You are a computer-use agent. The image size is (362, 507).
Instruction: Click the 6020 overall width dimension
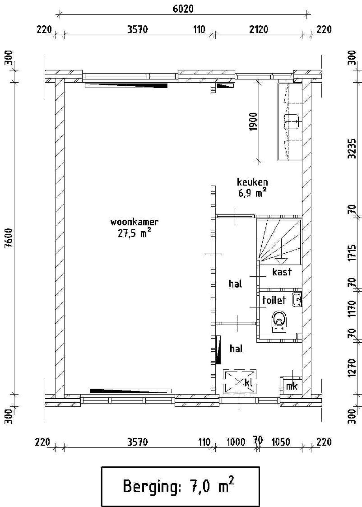(x=183, y=9)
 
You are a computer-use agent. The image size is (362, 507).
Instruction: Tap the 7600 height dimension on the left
(x=9, y=238)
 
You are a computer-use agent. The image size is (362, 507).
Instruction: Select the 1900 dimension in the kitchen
(x=254, y=122)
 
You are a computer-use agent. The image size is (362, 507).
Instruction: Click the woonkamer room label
(x=134, y=222)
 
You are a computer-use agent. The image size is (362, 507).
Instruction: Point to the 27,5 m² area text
(x=134, y=233)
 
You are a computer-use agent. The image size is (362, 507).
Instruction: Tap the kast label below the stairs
(x=282, y=272)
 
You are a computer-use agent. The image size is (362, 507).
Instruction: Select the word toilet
(x=274, y=300)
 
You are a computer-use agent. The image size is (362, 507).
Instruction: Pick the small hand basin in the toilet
(x=297, y=300)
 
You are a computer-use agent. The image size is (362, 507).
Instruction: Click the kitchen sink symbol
(x=292, y=122)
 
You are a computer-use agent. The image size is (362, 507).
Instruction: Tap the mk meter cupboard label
(x=291, y=386)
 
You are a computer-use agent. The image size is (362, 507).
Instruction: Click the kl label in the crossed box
(x=249, y=383)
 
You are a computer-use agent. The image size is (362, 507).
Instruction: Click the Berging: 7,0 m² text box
(x=180, y=487)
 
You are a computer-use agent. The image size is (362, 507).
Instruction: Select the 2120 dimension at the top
(x=258, y=29)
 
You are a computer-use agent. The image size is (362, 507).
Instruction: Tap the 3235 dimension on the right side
(x=352, y=149)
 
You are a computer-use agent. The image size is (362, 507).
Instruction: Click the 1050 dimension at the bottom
(x=281, y=442)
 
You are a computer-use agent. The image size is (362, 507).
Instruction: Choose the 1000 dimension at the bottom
(x=236, y=442)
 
